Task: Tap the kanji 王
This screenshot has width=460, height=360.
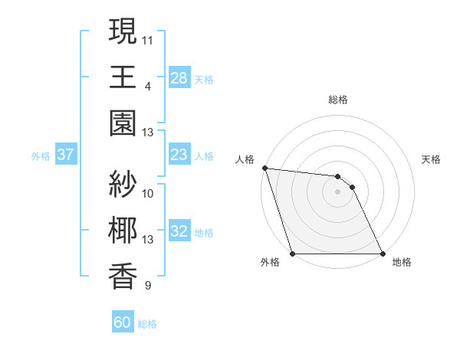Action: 123,77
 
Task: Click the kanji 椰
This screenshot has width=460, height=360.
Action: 123,231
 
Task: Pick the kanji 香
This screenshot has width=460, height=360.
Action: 123,277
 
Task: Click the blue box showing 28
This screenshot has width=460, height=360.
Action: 179,78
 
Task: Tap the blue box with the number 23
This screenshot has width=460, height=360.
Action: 179,155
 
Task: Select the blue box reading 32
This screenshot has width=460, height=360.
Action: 179,232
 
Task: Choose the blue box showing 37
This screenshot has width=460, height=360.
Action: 66,155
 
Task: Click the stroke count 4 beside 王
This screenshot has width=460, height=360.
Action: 147,85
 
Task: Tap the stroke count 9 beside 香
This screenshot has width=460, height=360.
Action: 147,286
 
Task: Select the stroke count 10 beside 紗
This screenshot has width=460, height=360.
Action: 148,193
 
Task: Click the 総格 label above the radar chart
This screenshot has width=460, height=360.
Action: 337,100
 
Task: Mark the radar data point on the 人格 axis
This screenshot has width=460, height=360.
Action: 264,168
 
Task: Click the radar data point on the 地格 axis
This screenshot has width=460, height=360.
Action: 382,254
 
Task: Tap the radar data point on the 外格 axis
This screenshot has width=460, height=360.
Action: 293,254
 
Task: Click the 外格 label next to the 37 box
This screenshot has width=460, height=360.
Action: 41,156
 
